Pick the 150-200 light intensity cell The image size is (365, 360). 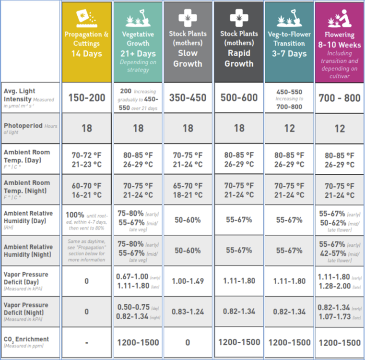87,98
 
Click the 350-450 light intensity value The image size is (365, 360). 188,98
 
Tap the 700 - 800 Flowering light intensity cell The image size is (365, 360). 339,98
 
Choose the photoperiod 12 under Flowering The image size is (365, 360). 339,128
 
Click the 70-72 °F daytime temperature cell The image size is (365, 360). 87,159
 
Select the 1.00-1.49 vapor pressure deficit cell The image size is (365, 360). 188,281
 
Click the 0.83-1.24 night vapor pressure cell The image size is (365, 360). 188,312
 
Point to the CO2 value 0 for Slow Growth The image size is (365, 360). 188,343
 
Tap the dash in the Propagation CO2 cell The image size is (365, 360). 87,343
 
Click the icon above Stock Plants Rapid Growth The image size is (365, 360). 238,19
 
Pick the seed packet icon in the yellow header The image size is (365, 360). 87,18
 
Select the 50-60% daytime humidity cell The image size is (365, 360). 188,220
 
